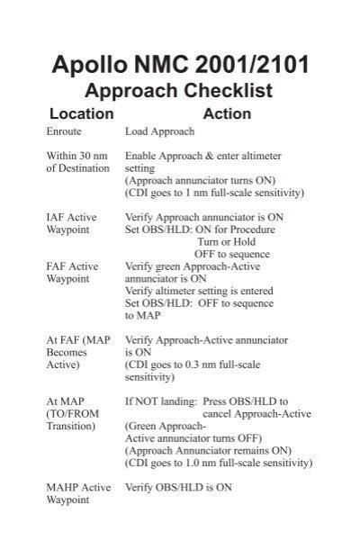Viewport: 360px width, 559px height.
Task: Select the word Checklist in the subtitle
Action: coord(229,91)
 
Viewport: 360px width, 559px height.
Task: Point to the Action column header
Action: coord(228,114)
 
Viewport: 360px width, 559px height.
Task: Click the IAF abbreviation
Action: coord(57,217)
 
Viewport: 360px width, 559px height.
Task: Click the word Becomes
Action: coord(67,353)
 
